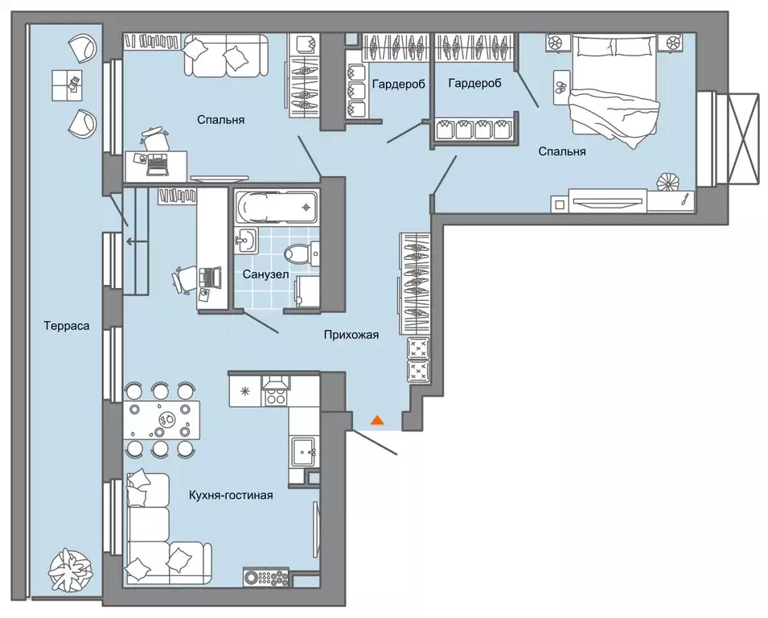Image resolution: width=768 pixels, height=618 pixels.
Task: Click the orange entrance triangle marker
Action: tap(376, 420)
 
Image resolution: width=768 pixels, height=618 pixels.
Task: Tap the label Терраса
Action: tap(67, 326)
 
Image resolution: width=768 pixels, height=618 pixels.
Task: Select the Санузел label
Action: tap(265, 275)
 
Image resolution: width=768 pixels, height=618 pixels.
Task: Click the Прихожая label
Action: tap(351, 336)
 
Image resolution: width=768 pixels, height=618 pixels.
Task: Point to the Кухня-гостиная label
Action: tap(231, 496)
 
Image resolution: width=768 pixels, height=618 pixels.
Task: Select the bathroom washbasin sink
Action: tap(245, 240)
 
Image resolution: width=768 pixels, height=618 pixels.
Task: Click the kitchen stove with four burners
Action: tap(275, 391)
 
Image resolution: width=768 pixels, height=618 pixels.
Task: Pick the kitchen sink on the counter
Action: tap(304, 452)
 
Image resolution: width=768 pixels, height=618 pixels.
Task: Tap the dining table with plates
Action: tap(161, 420)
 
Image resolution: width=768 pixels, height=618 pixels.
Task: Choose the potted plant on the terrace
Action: tap(71, 570)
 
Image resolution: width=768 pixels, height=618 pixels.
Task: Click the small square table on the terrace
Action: tap(67, 85)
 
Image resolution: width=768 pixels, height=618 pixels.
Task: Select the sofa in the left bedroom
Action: tap(226, 55)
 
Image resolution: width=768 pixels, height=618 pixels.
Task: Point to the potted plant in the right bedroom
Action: tap(668, 183)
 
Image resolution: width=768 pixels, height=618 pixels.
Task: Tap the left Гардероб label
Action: tap(399, 84)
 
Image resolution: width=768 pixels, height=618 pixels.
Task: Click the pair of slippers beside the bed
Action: tap(561, 87)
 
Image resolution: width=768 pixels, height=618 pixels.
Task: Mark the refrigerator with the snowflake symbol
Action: tap(245, 391)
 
